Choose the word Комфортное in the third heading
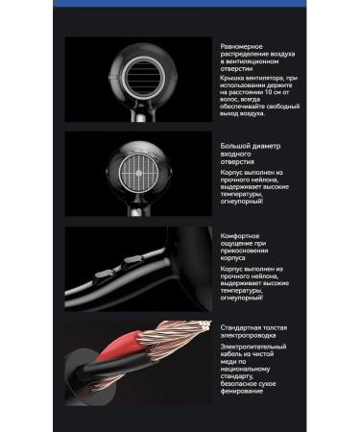point(243,236)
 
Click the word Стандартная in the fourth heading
point(244,327)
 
